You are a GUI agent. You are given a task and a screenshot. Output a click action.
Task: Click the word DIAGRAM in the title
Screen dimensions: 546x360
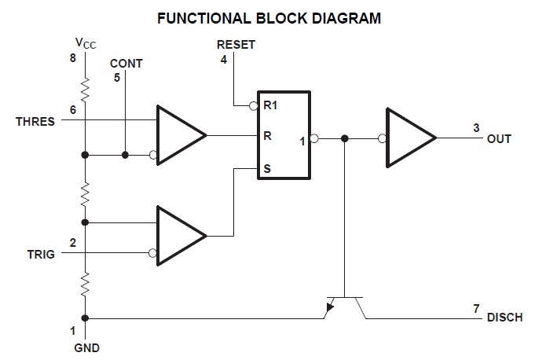pos(346,18)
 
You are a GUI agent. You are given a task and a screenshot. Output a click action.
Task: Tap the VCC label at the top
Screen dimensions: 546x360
pos(86,43)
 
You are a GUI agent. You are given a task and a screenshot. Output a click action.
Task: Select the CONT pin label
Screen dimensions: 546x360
pos(126,64)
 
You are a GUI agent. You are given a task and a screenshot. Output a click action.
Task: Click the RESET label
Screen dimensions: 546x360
pos(236,45)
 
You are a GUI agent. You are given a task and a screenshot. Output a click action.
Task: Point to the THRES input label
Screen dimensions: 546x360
pos(35,122)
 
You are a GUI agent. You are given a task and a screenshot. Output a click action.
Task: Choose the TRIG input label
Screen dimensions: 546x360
pos(41,255)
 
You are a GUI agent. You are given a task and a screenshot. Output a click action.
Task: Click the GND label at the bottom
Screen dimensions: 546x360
pos(86,347)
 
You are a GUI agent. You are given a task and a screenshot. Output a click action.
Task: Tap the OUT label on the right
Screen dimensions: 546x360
pos(499,139)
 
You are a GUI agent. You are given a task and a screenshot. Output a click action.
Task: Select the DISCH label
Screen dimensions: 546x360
pos(504,318)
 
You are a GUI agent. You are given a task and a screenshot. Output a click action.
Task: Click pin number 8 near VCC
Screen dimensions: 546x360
pos(72,58)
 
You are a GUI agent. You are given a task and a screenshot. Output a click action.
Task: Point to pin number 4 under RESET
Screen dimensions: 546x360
pos(224,60)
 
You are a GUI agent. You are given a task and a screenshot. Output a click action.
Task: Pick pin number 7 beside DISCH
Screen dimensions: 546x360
pos(476,308)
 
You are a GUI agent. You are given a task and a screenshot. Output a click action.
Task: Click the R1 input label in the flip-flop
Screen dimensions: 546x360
pos(270,105)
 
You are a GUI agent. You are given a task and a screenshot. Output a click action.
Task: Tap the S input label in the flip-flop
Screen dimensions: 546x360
pos(267,169)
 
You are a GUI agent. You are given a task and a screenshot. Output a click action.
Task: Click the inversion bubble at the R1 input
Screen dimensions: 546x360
pos(254,105)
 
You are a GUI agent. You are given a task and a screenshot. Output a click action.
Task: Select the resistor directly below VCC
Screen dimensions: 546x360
pos(86,90)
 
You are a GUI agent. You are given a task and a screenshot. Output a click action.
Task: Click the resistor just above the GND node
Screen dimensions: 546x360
pos(86,285)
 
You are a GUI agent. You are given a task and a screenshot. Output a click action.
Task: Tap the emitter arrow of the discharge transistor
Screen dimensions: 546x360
pos(329,307)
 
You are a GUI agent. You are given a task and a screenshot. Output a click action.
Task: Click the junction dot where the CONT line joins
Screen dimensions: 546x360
pos(125,155)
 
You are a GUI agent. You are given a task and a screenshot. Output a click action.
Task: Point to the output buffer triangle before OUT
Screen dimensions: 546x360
pos(411,138)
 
